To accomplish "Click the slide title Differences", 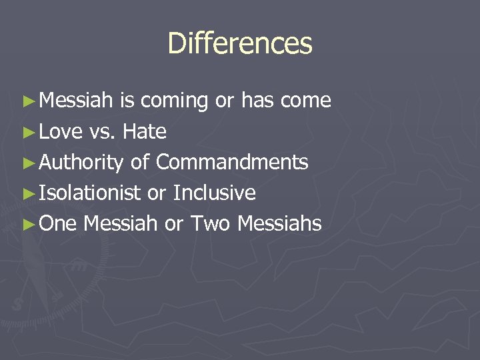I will click(240, 43).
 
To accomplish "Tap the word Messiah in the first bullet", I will click(77, 101).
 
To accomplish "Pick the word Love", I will click(61, 132).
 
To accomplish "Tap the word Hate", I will click(144, 132).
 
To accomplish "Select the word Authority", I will click(81, 163).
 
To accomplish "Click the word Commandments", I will click(232, 162).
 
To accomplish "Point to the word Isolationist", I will click(90, 193).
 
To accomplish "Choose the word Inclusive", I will click(214, 193).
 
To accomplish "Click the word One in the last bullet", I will click(58, 224).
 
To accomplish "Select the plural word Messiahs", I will click(280, 224).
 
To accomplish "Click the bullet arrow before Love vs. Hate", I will click(27, 133).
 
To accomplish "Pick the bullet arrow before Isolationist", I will click(27, 194).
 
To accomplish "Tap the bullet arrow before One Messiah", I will click(27, 225).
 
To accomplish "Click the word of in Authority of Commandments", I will click(139, 162).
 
